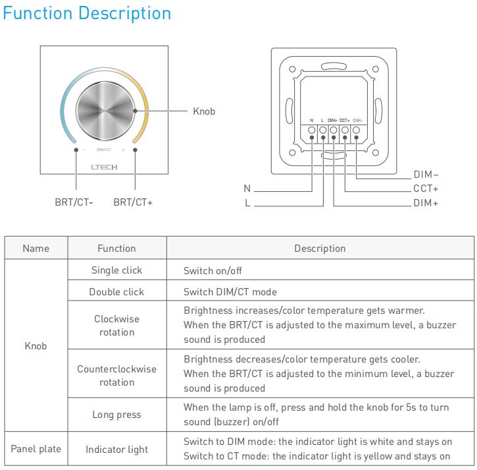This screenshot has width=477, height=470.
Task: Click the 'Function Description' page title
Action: point(87,14)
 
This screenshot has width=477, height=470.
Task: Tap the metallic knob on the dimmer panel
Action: point(105,111)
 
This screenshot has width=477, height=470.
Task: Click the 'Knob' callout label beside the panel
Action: point(204,111)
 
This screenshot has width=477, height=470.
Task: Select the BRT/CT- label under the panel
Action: point(74,202)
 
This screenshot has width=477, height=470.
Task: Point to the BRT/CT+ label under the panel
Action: point(133,202)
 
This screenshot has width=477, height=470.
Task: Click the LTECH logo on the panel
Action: point(105,167)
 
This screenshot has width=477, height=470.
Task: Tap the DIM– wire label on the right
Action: point(426,174)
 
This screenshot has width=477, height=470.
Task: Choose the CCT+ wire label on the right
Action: point(426,189)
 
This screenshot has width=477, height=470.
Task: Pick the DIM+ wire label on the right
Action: point(426,202)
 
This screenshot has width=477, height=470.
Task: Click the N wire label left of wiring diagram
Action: point(247,189)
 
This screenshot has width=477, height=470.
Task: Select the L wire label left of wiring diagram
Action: point(247,202)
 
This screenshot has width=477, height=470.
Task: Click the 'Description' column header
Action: point(320,249)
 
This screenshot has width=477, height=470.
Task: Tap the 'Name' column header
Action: point(36,249)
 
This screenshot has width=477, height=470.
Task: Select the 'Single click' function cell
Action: point(117,270)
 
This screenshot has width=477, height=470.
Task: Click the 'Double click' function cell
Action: point(116,292)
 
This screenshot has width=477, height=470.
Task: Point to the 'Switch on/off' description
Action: point(213,271)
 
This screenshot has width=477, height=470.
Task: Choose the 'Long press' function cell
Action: point(117,415)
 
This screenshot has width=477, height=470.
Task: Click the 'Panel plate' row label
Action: point(36,449)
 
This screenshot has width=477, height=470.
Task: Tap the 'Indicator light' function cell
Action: point(117,450)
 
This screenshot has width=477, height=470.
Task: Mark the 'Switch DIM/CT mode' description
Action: point(230,292)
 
